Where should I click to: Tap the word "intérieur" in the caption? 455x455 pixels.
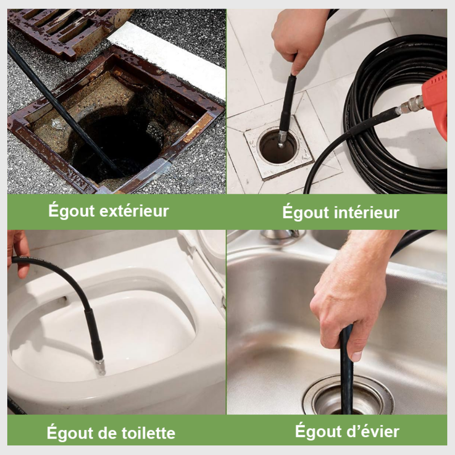coord(366,212)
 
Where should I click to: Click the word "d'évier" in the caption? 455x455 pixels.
coord(373,430)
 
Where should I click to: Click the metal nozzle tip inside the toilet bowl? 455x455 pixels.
coord(100,366)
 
